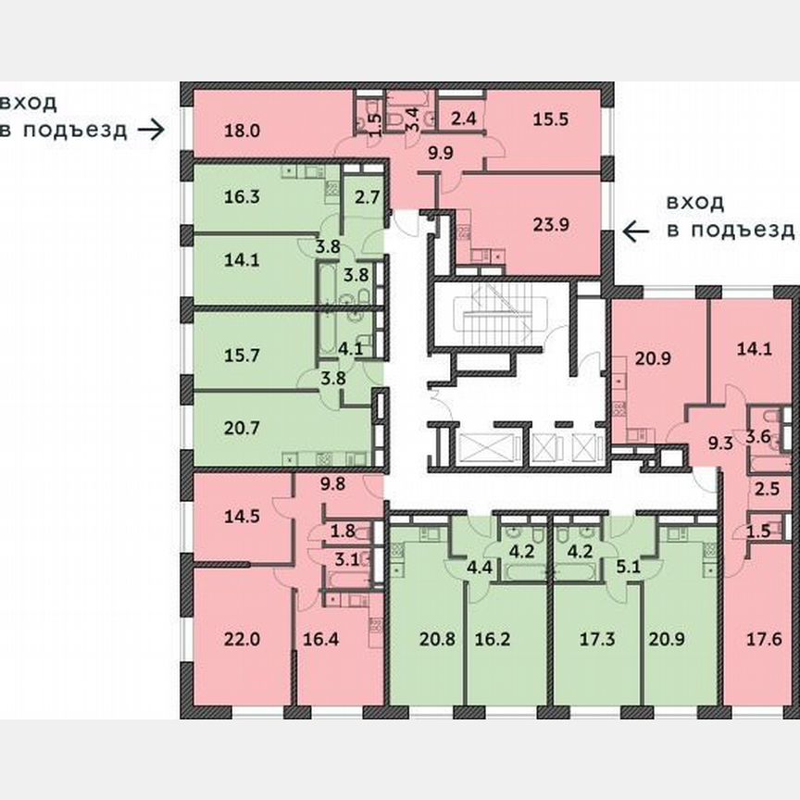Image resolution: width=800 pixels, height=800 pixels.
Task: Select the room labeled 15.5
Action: point(552,119)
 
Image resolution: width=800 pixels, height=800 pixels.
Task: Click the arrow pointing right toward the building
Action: point(149,130)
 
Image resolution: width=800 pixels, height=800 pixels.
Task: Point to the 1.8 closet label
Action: point(343,531)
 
